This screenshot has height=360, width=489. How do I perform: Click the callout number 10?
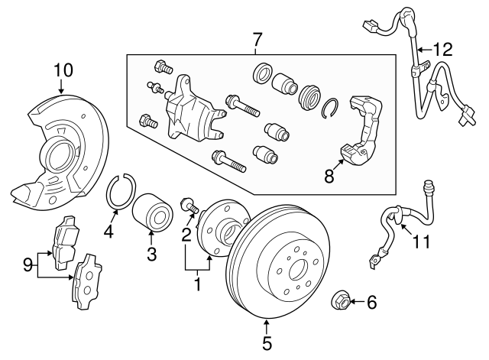point(63,71)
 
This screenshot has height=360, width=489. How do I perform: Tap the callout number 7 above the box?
point(257,37)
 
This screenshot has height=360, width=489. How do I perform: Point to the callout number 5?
point(267,343)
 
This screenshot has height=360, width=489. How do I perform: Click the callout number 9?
point(28,267)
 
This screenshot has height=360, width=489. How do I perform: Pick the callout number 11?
point(421,242)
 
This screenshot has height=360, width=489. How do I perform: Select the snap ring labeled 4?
point(118,191)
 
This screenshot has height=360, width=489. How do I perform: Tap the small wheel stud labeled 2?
point(188,205)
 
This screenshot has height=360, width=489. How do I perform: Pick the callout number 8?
point(329,177)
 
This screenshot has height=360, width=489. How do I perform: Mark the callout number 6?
point(371,303)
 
